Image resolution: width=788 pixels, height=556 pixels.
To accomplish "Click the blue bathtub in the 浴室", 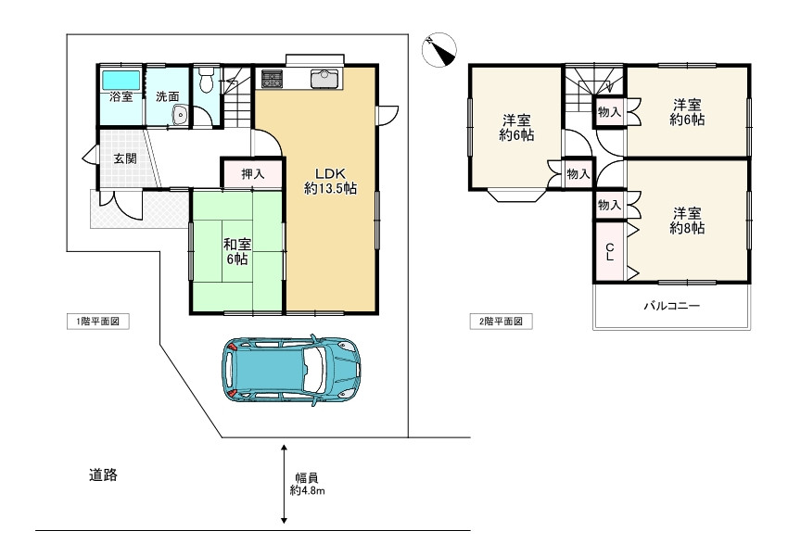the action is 121,80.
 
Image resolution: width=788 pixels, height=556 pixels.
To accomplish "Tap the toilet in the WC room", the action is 206,80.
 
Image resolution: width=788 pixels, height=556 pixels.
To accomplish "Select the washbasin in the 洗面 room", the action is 180,116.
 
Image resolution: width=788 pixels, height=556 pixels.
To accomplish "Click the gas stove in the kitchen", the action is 272,79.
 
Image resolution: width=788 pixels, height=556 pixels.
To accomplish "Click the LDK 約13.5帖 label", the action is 330,181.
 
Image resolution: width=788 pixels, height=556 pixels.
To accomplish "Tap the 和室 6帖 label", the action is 236,252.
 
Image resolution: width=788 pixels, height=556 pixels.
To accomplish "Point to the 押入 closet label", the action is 253,174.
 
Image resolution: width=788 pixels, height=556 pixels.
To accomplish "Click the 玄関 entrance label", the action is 124,158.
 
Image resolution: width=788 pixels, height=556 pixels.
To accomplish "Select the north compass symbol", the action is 439,50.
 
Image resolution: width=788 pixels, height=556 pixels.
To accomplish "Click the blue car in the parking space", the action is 291,369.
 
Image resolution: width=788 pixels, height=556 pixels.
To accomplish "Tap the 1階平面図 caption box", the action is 98,322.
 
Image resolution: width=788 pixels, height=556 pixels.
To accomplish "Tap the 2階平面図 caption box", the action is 501,322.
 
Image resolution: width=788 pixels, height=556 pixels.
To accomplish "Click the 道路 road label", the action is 103,474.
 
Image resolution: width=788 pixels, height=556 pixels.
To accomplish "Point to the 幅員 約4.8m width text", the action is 307,484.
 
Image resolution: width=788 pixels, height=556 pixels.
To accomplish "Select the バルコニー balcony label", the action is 672,306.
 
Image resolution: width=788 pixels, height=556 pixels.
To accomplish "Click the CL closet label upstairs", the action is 610,252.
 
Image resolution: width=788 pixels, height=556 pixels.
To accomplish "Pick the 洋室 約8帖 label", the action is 687,221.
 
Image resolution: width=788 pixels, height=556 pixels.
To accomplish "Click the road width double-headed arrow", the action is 284,484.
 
